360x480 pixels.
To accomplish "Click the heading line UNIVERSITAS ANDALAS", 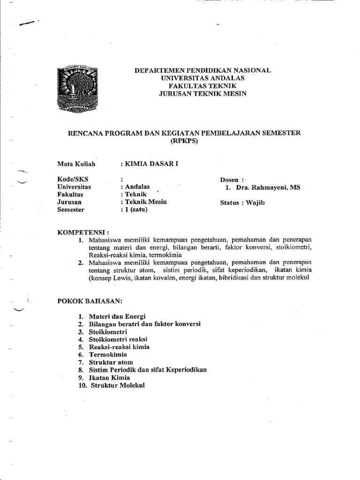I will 202,78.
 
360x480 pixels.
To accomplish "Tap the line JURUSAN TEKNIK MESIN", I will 202,93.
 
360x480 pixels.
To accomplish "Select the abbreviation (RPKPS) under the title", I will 184,141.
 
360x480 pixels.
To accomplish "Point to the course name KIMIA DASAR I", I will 150,164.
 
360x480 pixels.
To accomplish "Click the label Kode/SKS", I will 73,180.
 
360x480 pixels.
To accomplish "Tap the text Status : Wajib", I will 239,202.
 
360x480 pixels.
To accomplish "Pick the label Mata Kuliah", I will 76,164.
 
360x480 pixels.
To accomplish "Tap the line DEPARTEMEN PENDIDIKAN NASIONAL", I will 202,70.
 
